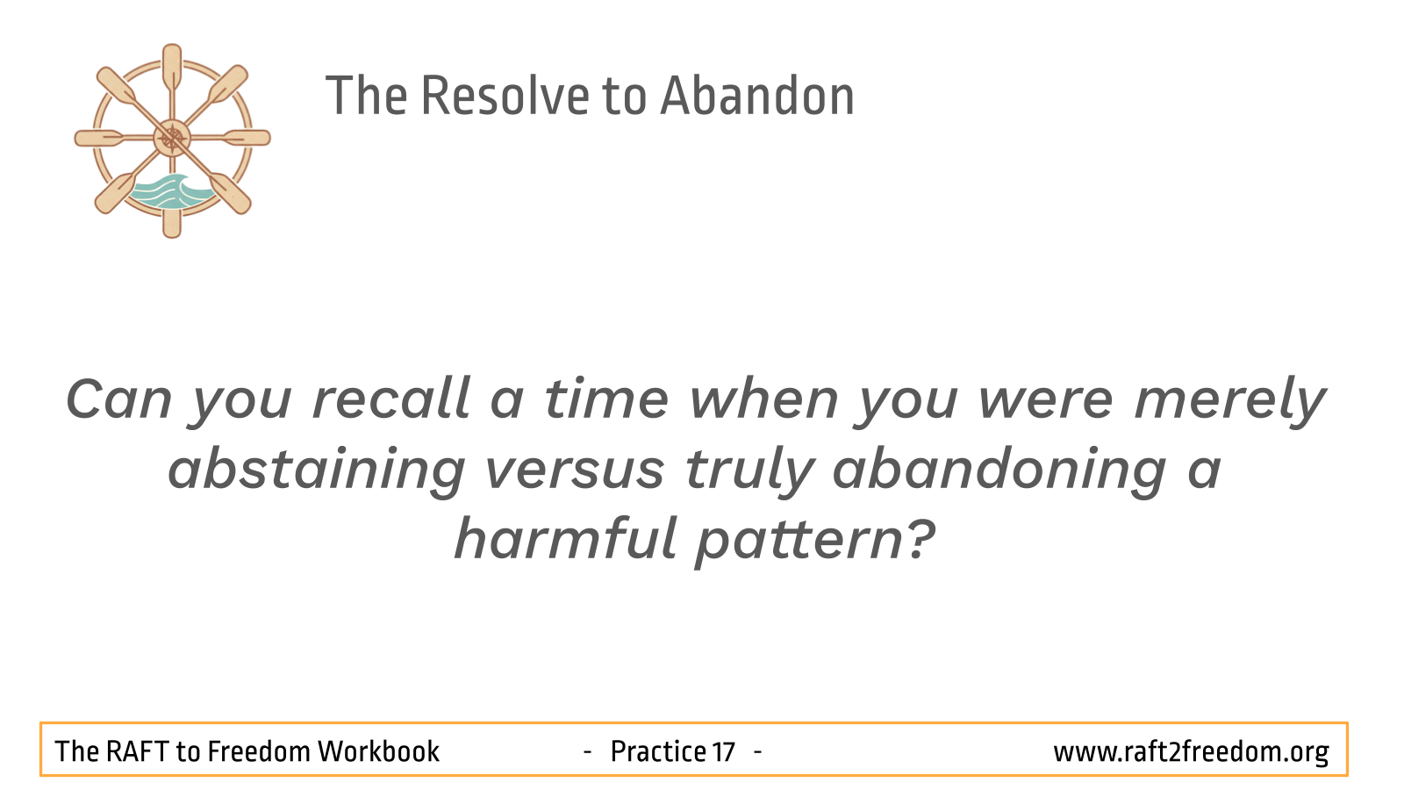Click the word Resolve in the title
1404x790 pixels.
tap(505, 96)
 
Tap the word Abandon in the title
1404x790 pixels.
tap(757, 96)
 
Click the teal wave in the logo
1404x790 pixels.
tap(170, 192)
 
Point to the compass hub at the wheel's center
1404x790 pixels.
tap(172, 138)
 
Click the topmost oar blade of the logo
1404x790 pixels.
tap(172, 65)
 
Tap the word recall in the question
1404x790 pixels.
tap(391, 399)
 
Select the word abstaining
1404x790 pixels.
tap(317, 471)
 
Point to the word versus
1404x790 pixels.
tap(575, 471)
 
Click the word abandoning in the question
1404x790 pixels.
tap(999, 471)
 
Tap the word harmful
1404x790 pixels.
tap(566, 539)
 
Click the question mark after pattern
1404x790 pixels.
tap(920, 538)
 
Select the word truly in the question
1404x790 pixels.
tap(749, 471)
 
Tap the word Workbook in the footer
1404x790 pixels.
tap(378, 751)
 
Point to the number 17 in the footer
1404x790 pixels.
tap(723, 751)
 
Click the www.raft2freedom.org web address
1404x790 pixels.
tap(1191, 752)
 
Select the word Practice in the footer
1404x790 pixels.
tap(658, 751)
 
